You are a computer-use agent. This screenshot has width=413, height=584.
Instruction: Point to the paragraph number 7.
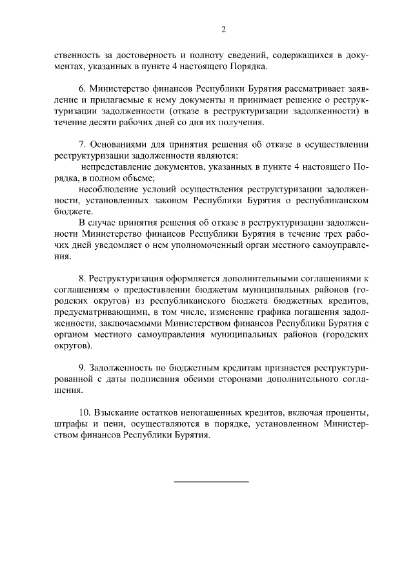click(81, 145)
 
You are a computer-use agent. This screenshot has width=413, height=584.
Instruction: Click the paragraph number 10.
click(84, 410)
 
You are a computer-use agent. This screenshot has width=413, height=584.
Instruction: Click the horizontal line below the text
click(211, 481)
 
